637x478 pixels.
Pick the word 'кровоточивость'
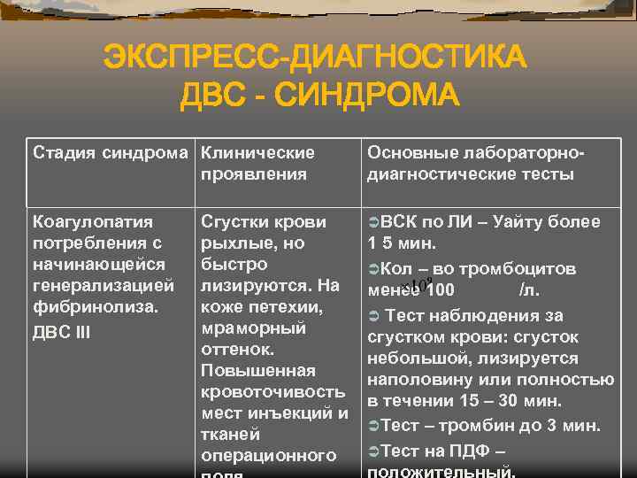click(x=273, y=391)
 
